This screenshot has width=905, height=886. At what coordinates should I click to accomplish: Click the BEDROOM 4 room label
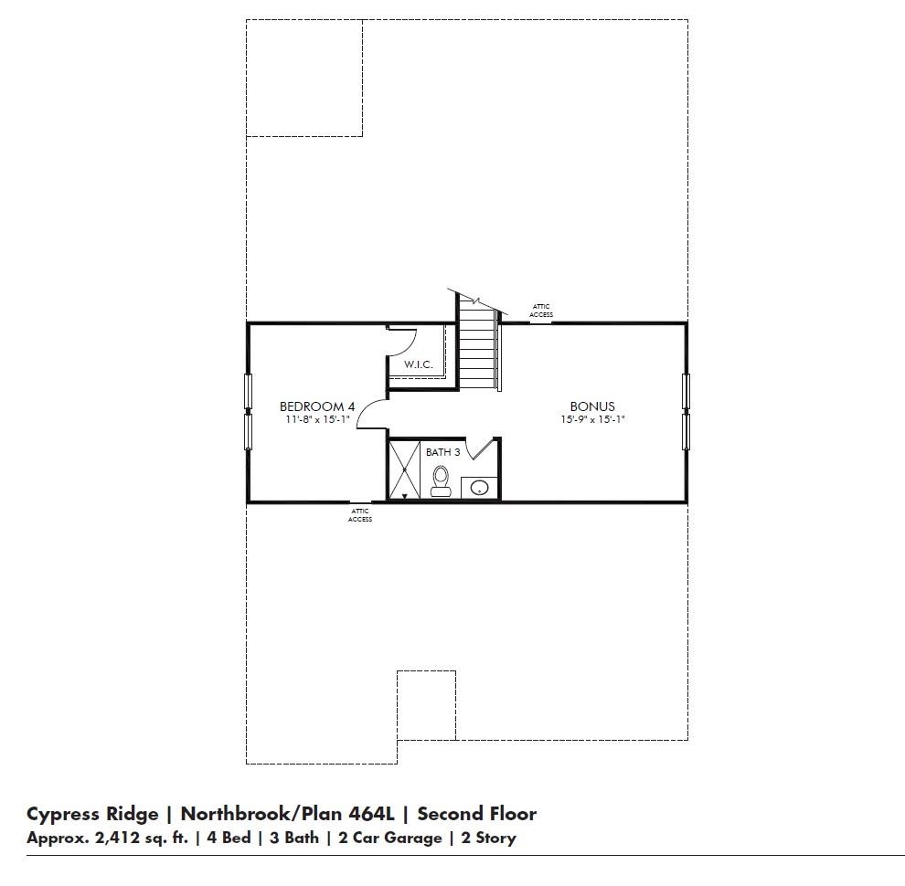pos(316,406)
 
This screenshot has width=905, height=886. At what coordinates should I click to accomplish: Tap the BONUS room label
pos(592,406)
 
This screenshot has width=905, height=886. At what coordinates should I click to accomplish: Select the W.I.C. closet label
pos(418,365)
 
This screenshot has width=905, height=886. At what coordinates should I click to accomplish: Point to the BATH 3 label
pos(442,452)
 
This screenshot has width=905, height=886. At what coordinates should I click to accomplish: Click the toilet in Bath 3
pos(441,480)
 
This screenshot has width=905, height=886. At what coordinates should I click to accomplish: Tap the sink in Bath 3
pos(479,488)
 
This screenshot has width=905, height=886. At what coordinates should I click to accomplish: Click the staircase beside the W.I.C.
pos(476,350)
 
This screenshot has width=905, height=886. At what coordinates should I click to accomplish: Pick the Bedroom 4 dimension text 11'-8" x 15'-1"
pos(316,420)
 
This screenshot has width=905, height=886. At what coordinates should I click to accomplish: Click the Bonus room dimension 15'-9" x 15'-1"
pos(592,420)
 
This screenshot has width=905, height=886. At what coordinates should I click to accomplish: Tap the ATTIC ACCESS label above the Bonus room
pos(541,311)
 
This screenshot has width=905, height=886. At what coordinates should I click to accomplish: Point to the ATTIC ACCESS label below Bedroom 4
pos(360,515)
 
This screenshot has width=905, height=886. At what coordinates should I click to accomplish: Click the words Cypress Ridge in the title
pos(91,814)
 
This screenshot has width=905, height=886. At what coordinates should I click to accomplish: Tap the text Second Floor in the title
pos(476,814)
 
